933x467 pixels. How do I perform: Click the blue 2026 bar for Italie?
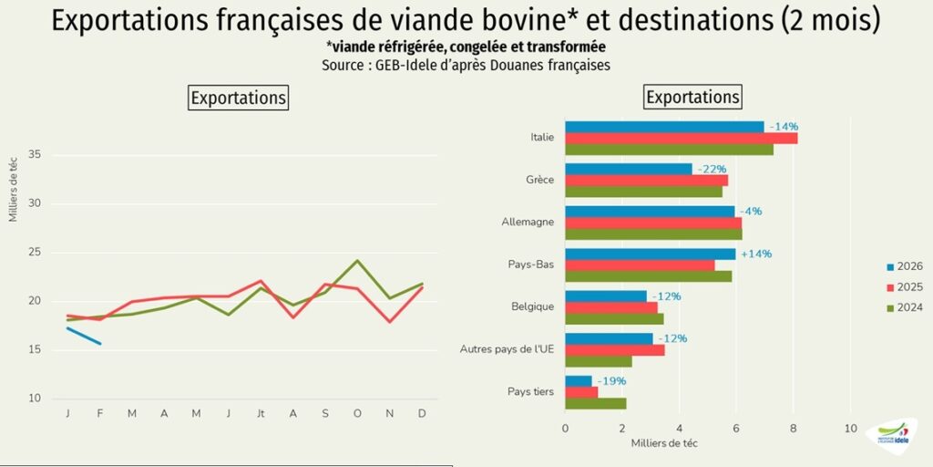tap(663, 127)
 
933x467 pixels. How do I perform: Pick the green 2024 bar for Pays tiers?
tap(595, 403)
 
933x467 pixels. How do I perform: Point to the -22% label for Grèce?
tap(712, 170)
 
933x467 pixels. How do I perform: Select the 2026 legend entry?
tap(903, 266)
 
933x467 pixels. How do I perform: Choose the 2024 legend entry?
tap(903, 307)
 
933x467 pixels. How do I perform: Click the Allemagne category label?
tap(528, 222)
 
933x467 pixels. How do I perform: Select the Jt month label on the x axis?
tap(261, 414)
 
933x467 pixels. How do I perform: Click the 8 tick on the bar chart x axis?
tap(793, 428)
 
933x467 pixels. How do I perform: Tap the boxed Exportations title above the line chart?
tap(238, 98)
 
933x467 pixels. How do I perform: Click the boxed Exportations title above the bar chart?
tap(692, 97)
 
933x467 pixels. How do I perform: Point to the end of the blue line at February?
tap(100, 344)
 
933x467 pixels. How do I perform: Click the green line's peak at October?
tap(357, 261)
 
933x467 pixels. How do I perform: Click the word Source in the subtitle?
tap(344, 66)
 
